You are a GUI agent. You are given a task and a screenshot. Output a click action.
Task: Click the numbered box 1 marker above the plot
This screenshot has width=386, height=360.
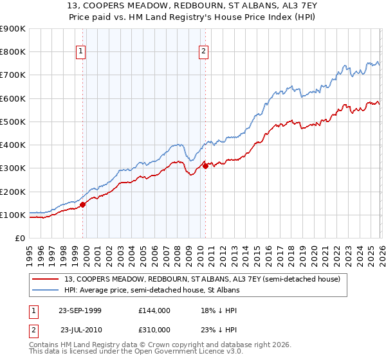coord(82,52)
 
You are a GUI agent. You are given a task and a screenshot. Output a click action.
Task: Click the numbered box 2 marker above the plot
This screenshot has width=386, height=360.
coord(203,52)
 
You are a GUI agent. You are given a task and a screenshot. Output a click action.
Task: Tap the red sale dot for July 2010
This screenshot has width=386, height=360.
coord(205,166)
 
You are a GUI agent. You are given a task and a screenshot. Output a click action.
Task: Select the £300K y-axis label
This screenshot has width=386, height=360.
coord(13,168)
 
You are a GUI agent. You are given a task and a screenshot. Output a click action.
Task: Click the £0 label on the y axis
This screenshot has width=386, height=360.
coord(19,239)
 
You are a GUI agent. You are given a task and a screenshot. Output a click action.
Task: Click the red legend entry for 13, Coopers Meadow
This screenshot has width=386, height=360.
coord(206,278)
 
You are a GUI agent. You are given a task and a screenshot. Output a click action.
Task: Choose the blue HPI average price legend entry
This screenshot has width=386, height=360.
coord(151,290)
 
